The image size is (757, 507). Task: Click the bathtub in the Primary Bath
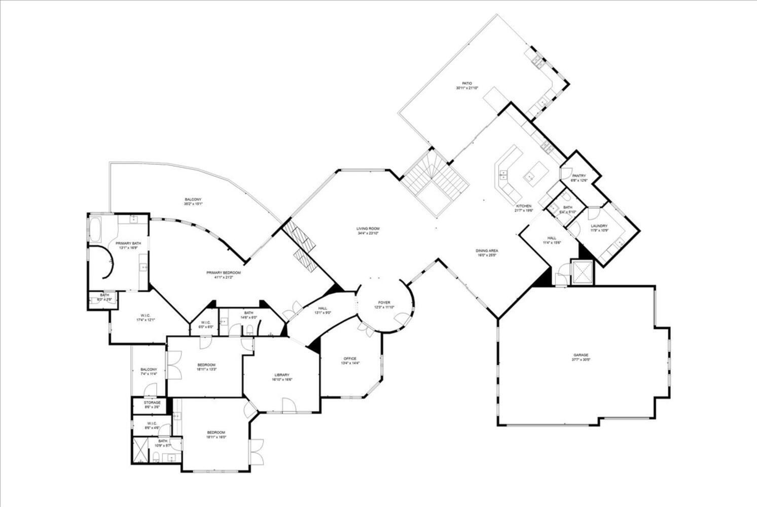tap(96, 229)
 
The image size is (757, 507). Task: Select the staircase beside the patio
tap(434, 183)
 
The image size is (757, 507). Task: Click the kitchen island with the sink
tap(533, 172)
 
